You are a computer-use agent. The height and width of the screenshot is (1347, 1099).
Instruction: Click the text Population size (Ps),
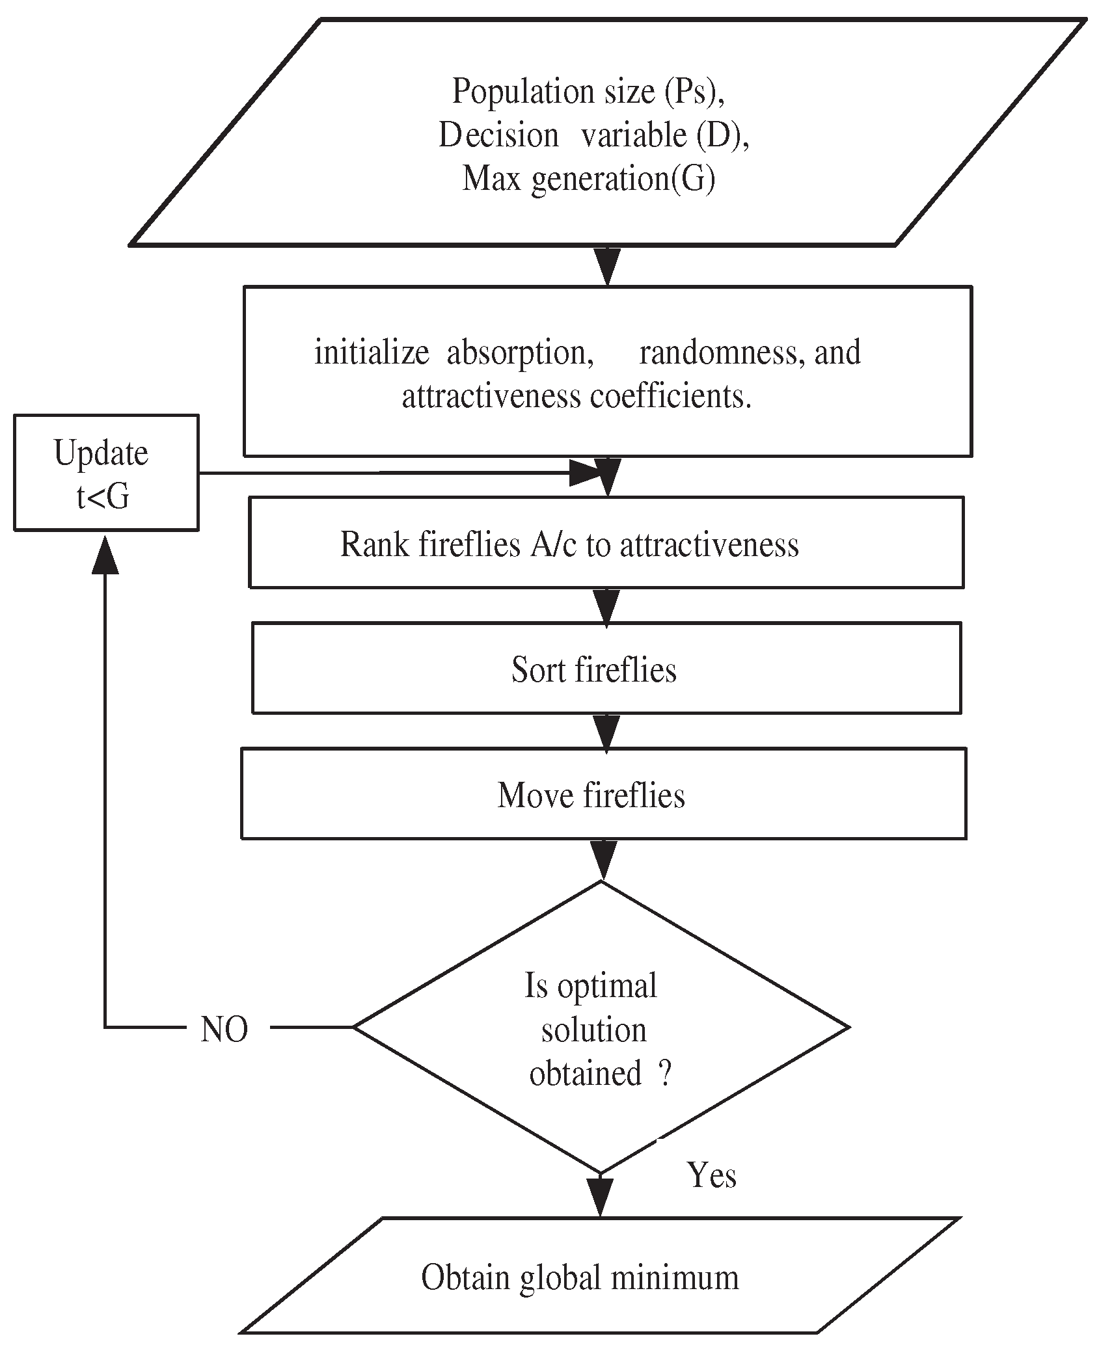pos(588,91)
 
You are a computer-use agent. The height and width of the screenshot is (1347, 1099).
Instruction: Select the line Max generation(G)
pos(588,178)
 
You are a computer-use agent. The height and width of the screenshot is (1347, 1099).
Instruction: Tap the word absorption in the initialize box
pos(519,353)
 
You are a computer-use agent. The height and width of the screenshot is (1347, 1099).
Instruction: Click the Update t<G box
pos(106,473)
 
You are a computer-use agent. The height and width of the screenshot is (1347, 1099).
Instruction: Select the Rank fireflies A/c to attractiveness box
pos(606,543)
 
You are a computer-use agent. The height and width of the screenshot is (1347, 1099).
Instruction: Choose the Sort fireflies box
pos(606,669)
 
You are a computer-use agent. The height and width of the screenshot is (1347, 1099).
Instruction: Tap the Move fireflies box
pos(603,794)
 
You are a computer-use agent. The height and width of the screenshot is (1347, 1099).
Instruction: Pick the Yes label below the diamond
pos(712,1176)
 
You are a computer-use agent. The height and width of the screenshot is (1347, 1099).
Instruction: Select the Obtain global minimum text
pos(580,1277)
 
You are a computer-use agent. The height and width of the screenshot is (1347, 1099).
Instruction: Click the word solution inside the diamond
pos(593,1030)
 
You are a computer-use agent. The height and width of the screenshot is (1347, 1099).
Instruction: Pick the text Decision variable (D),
pos(593,135)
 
